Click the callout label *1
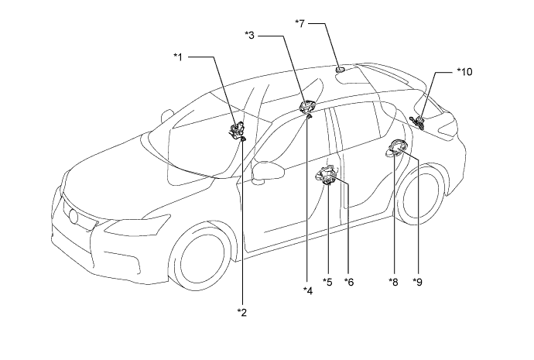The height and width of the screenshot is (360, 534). pos(178,57)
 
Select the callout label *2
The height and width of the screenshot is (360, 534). pos(242,312)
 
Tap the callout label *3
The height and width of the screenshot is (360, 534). pos(250,35)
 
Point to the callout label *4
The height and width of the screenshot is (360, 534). pos(308,290)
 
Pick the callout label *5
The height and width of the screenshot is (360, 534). pos(327,282)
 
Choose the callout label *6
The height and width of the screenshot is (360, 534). pos(349,282)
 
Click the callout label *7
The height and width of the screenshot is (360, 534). pos(300,23)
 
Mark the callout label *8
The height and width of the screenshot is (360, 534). pos(393,282)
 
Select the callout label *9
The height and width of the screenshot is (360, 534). pos(417,282)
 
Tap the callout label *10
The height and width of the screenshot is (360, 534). pos(464,72)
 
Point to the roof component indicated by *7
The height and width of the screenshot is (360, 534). pos(341,70)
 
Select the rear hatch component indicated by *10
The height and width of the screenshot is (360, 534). pos(418,123)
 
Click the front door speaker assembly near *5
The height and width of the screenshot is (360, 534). pos(327,174)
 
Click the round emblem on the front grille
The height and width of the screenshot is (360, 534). pos(74,216)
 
